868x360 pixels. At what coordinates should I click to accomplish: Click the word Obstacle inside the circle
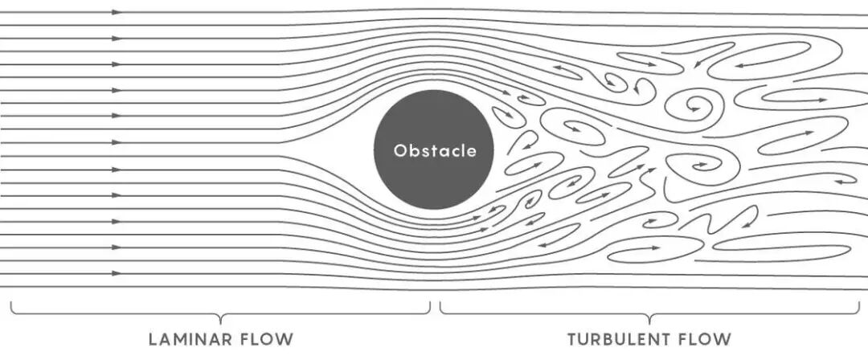pyautogui.click(x=434, y=150)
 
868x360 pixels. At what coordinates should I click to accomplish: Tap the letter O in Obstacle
pyautogui.click(x=399, y=150)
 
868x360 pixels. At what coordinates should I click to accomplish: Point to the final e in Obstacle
pyautogui.click(x=472, y=151)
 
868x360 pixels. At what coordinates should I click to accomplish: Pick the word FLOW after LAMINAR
pyautogui.click(x=264, y=338)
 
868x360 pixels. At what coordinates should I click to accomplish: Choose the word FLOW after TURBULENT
pyautogui.click(x=704, y=338)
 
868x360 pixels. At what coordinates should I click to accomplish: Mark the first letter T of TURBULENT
pyautogui.click(x=572, y=338)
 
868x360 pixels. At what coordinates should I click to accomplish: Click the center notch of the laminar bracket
pyautogui.click(x=220, y=319)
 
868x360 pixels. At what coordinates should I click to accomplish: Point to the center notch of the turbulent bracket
pyautogui.click(x=650, y=319)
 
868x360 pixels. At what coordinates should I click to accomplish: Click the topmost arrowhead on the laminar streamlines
pyautogui.click(x=117, y=13)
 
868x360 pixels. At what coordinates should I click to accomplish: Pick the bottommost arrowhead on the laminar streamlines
pyautogui.click(x=117, y=273)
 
